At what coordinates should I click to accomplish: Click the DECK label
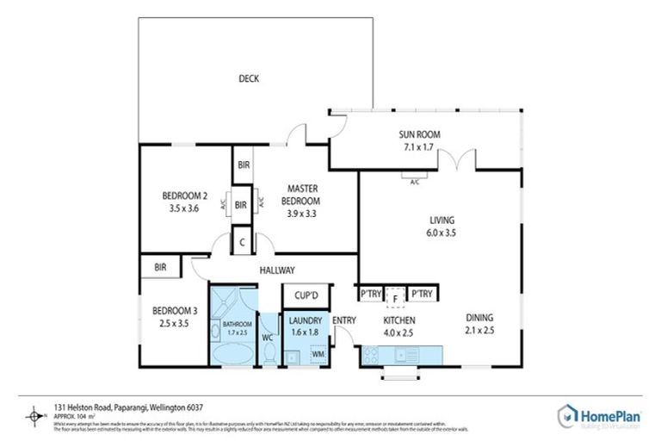[x=250, y=79]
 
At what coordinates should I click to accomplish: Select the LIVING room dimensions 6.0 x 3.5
[x=442, y=232]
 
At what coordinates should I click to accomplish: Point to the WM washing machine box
[x=317, y=354]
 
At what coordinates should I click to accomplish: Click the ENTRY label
[x=344, y=321]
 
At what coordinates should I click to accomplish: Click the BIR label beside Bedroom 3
[x=160, y=268]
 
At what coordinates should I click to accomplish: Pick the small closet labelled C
[x=242, y=242]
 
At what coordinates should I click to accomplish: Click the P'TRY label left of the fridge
[x=371, y=295]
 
